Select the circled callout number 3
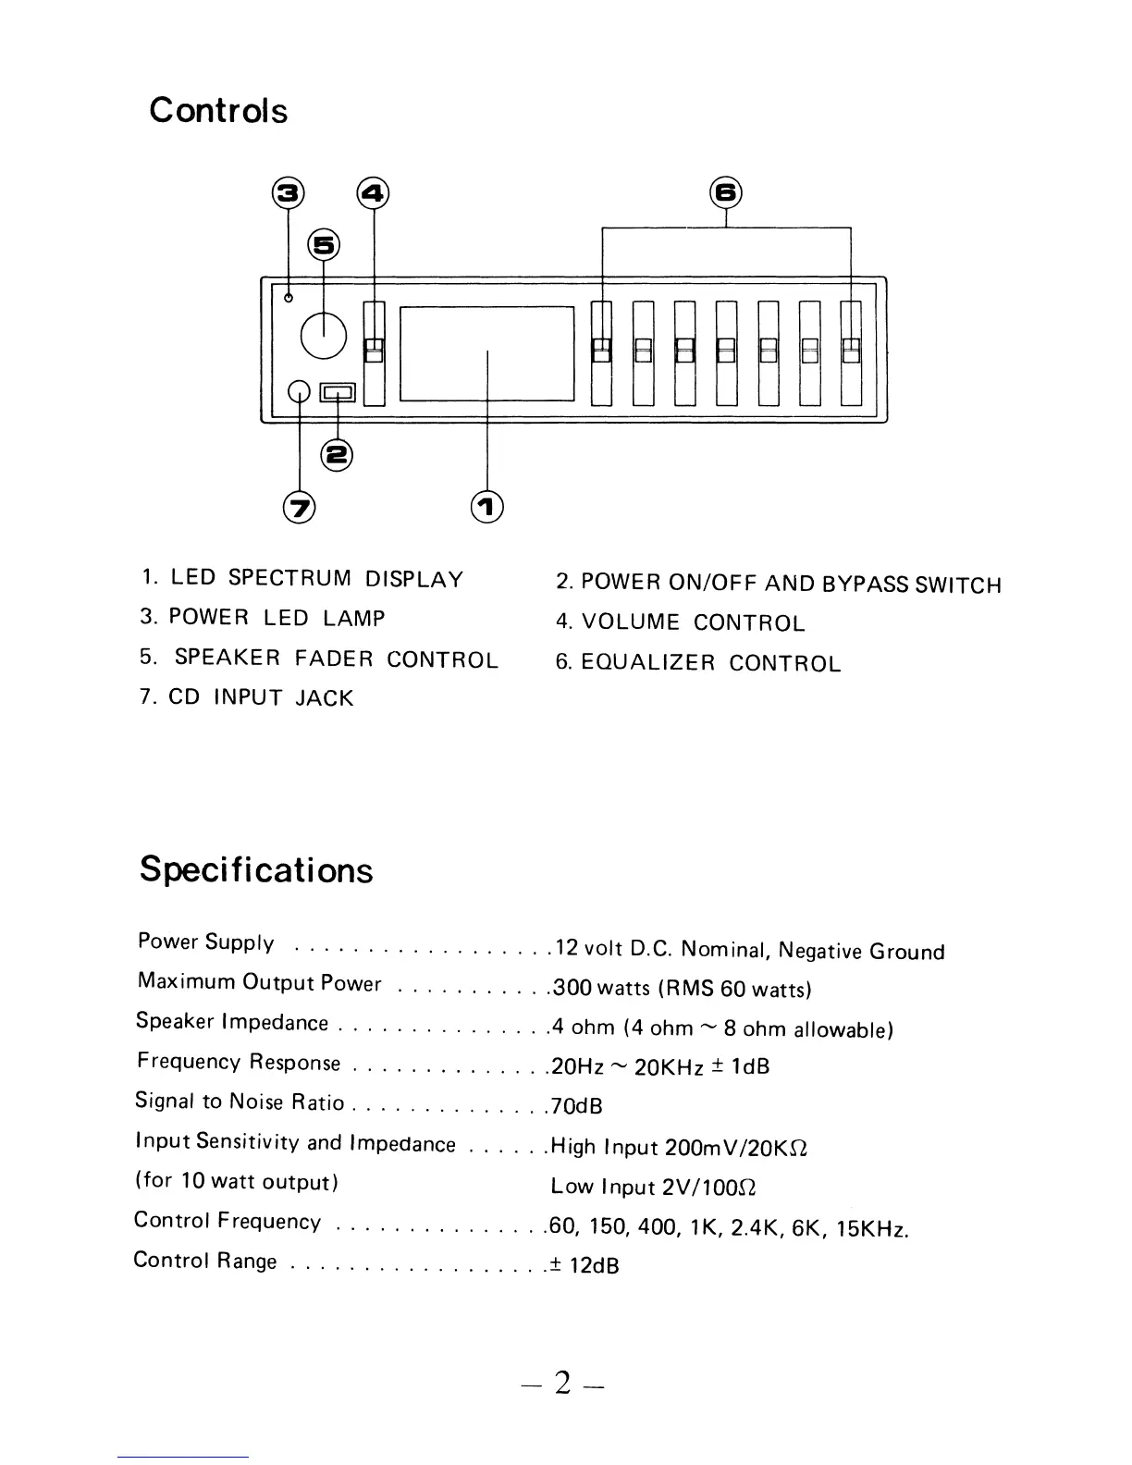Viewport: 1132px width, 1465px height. (288, 193)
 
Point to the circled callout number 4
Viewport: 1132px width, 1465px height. (374, 193)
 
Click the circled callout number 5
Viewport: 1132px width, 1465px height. (324, 244)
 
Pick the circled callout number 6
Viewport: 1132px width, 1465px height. (726, 193)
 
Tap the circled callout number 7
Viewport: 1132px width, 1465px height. (299, 506)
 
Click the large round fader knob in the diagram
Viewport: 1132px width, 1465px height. (324, 336)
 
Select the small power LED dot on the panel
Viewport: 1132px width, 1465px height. (289, 298)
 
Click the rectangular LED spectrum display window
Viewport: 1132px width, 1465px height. (487, 353)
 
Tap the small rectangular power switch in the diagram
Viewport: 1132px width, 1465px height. (337, 392)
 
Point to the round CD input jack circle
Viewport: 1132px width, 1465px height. (299, 392)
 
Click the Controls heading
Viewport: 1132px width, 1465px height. (218, 111)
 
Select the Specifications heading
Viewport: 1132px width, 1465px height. (256, 870)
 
